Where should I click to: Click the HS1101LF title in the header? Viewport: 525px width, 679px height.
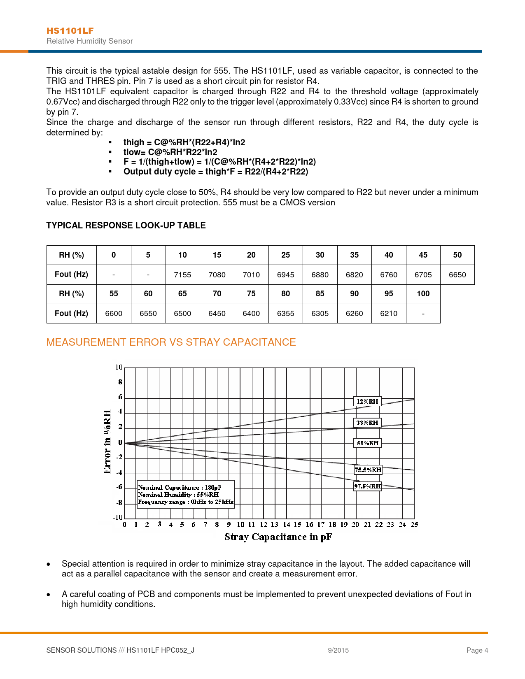point(70,31)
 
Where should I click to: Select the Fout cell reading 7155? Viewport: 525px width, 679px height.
point(182,275)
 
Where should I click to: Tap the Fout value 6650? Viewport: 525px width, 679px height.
point(457,275)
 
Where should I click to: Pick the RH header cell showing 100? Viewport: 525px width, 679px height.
point(423,294)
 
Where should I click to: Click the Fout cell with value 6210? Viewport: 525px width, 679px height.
point(388,314)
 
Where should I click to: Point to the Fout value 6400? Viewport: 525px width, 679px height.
point(251,314)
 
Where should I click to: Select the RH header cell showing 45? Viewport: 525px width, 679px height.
point(423,255)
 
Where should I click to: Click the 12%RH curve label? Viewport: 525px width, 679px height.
point(367,402)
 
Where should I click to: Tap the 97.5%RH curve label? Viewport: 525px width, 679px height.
point(367,486)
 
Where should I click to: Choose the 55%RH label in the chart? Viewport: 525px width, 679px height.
point(367,443)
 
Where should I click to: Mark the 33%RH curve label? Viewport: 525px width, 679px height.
point(367,423)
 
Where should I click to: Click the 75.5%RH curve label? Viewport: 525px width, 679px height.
point(368,470)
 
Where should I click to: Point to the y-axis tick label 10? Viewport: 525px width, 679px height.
point(119,367)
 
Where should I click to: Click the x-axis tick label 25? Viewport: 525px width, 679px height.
point(414,525)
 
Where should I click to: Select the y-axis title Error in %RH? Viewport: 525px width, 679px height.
point(107,442)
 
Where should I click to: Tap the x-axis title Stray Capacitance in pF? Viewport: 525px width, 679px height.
point(278,537)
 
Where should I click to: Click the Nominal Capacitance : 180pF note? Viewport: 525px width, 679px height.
point(180,488)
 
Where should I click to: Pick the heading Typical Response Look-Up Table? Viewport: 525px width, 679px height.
point(126,226)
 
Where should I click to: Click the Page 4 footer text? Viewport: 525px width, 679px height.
point(477,650)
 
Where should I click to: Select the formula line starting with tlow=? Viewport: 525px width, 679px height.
point(170,152)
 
